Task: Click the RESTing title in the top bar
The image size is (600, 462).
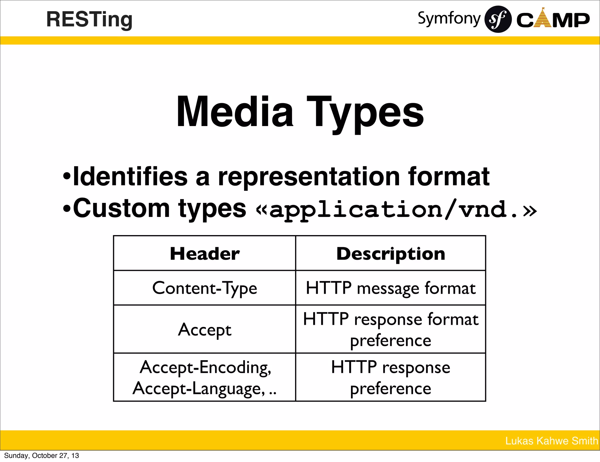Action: point(89,20)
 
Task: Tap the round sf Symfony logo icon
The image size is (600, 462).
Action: point(498,19)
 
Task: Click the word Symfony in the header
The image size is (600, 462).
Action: point(449,18)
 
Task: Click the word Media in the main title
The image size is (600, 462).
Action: point(234,112)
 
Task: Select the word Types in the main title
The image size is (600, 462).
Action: point(365,113)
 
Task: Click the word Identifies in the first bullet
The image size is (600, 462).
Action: point(130,177)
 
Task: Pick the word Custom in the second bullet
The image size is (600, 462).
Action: point(121,208)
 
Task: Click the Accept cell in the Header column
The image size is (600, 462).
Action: point(205,329)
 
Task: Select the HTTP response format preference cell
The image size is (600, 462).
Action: point(391,329)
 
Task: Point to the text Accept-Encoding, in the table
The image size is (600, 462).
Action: point(205,367)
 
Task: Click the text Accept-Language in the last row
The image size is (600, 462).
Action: point(199,389)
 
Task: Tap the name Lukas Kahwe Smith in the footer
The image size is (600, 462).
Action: point(551,441)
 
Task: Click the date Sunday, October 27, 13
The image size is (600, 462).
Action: point(42,456)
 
